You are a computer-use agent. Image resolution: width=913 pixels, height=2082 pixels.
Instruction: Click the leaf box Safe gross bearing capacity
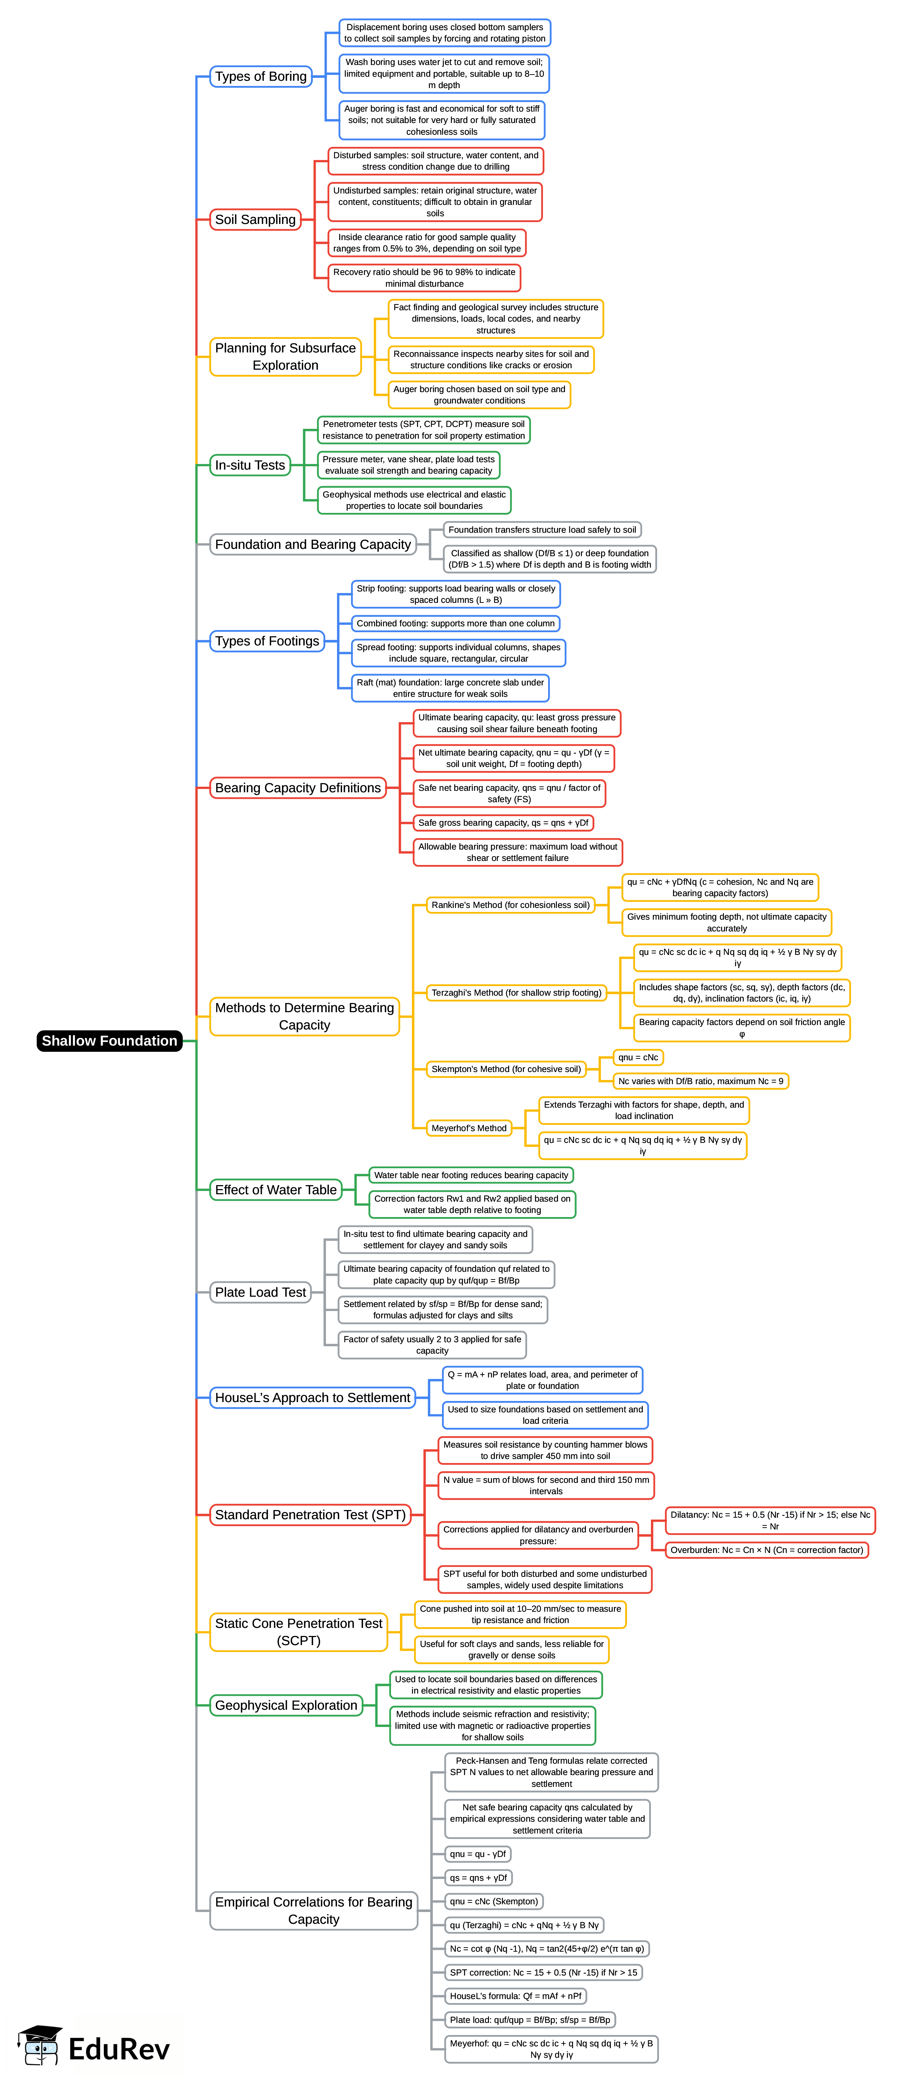(503, 823)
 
